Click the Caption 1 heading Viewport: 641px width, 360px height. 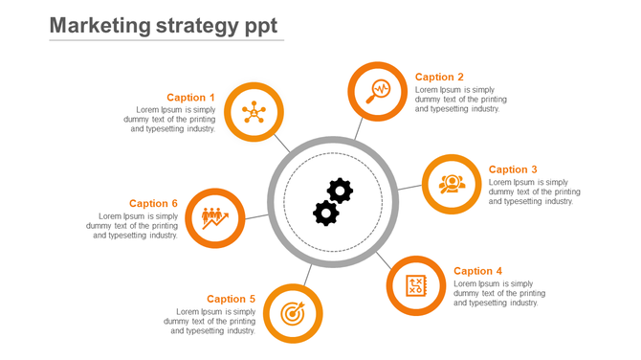point(190,98)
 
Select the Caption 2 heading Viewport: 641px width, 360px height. point(439,77)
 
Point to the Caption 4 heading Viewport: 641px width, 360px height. point(477,271)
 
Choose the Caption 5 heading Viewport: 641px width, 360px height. point(231,299)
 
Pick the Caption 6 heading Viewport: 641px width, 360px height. point(153,203)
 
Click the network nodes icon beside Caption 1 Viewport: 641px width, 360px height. point(254,112)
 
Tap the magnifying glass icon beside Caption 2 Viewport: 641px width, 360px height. point(378,91)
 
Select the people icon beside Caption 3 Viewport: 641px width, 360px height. point(452,183)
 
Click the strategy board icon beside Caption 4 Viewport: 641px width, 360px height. point(416,284)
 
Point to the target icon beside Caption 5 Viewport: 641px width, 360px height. point(292,312)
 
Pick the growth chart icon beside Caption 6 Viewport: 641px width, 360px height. point(214,217)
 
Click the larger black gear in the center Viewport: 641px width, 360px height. point(340,191)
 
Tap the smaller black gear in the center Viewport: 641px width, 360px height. point(326,213)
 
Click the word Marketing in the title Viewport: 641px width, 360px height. point(99,25)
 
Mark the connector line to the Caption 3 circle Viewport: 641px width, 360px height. point(409,188)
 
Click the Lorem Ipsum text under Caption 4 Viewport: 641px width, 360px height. point(496,293)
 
